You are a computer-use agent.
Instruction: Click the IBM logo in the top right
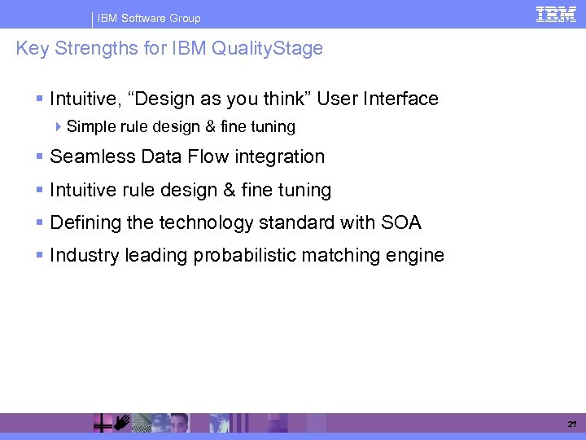tap(556, 14)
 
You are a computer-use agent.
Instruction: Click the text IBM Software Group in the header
tap(149, 18)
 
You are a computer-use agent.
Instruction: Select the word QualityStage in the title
tap(267, 49)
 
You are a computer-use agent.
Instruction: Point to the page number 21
tap(571, 425)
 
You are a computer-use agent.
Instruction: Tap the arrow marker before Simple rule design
tap(60, 127)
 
